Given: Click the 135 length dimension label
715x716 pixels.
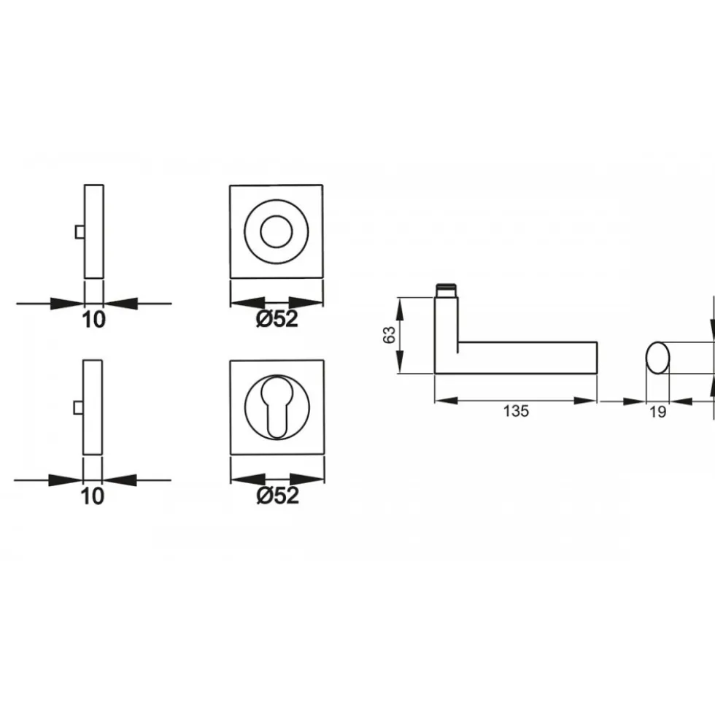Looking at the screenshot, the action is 516,411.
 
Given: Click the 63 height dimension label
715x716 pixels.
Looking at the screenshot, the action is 390,335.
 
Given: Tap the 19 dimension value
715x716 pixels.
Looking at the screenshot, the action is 657,412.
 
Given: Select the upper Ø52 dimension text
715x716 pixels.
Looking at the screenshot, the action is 277,319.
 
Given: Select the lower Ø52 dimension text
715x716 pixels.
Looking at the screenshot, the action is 278,496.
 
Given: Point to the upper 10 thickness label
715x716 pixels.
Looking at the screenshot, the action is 93,320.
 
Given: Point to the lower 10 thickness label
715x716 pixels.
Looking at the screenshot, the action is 93,496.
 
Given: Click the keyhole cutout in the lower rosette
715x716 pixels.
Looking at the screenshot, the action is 277,407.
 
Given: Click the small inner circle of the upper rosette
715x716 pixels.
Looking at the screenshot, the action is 277,231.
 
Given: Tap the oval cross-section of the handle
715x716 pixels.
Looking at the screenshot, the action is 658,358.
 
